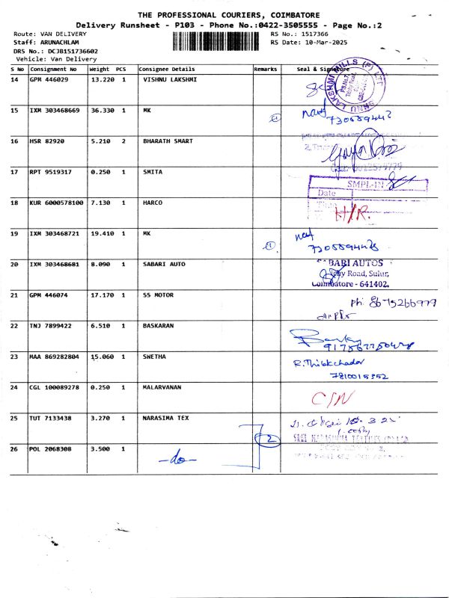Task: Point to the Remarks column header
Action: [266, 69]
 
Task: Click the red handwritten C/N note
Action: [329, 396]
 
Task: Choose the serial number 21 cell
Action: [14, 295]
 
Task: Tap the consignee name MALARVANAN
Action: [165, 387]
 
